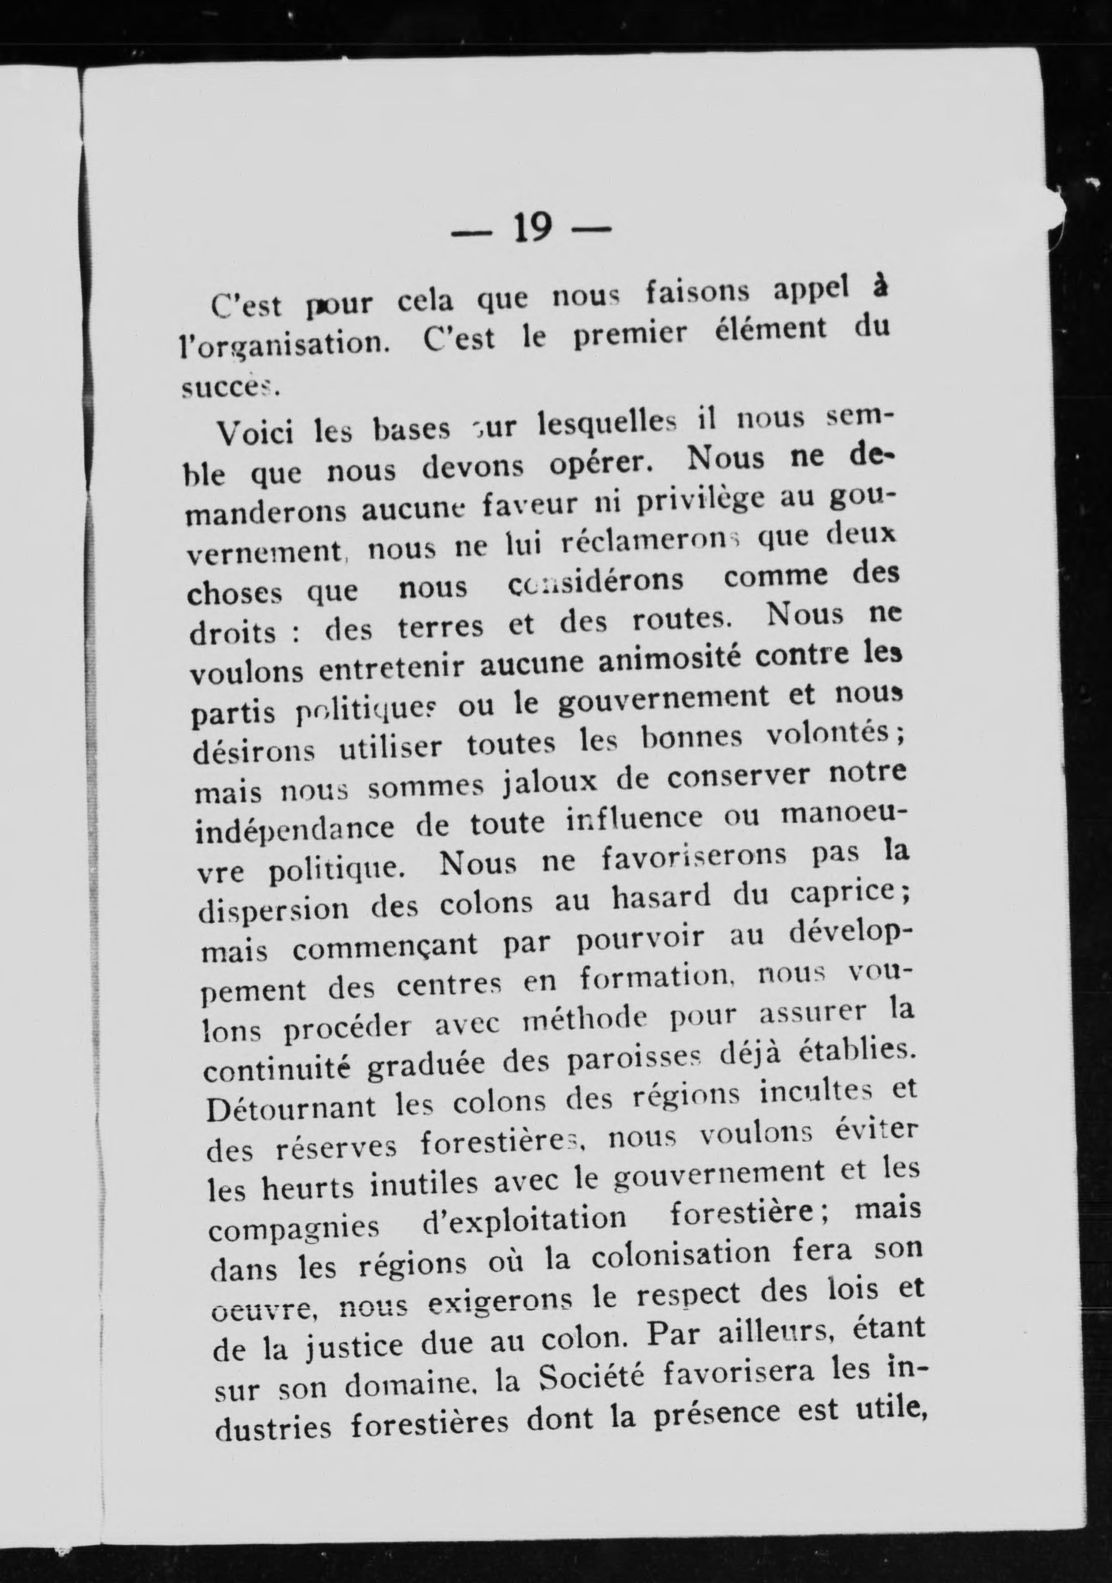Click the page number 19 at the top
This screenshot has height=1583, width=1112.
pos(533,227)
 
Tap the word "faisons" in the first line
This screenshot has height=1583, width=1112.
pos(696,294)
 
